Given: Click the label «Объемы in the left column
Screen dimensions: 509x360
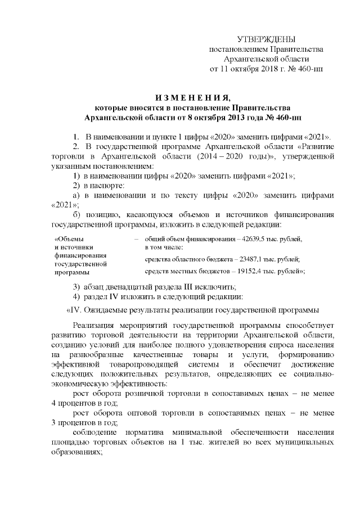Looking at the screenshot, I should click(68, 239).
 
